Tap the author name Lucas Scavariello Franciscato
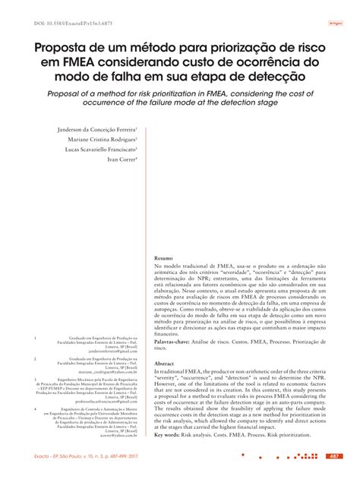pos(96,150)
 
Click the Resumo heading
pos(164,258)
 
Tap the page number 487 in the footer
pos(333,456)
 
